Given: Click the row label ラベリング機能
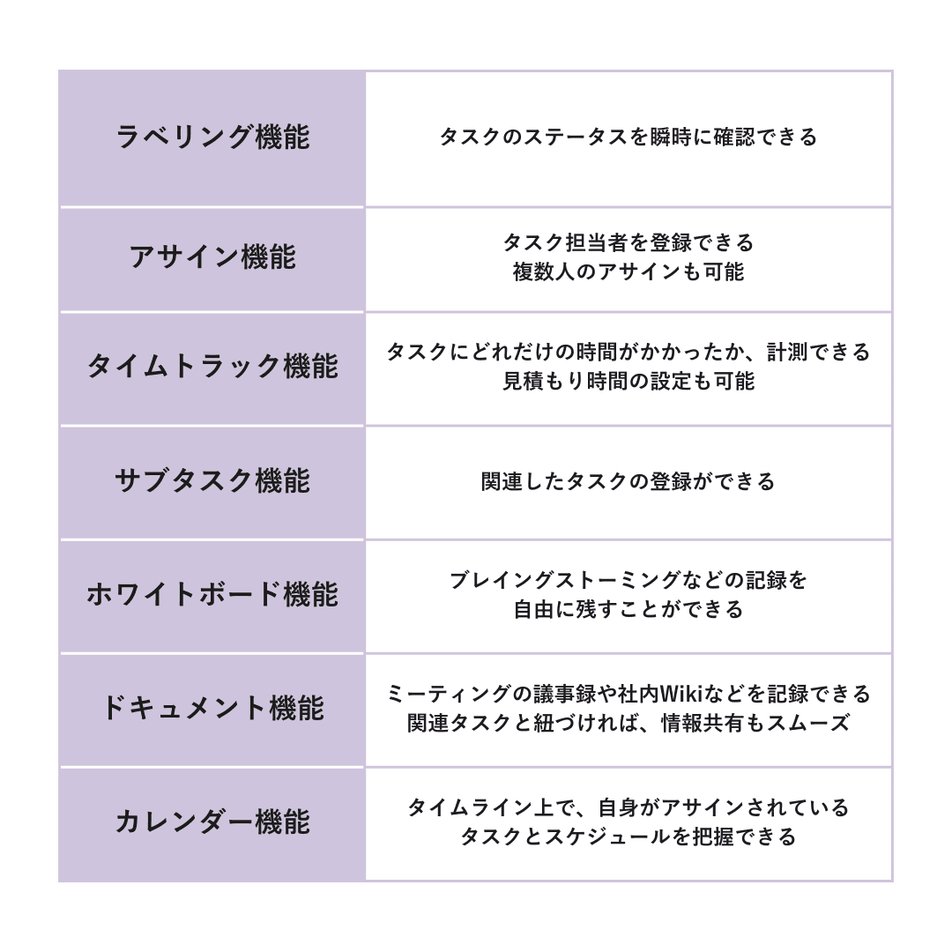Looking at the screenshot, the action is (x=212, y=137).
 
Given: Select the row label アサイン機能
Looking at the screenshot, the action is (x=212, y=257).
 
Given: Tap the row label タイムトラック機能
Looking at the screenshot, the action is (x=212, y=366).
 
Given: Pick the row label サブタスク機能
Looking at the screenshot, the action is (x=212, y=480).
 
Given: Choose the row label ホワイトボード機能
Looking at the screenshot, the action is (x=212, y=594).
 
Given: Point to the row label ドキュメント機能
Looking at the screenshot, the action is (x=212, y=708).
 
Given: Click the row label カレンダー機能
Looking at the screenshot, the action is (x=212, y=822).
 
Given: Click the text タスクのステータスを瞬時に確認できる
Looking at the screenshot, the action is (x=628, y=137).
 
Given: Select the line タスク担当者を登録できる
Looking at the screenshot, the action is (x=628, y=242).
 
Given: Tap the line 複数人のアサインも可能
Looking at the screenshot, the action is (x=628, y=271).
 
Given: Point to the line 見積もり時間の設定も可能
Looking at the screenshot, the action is (x=628, y=381).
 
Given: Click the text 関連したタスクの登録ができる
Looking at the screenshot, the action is (x=628, y=481).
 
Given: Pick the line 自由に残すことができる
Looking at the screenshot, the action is (x=628, y=609).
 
